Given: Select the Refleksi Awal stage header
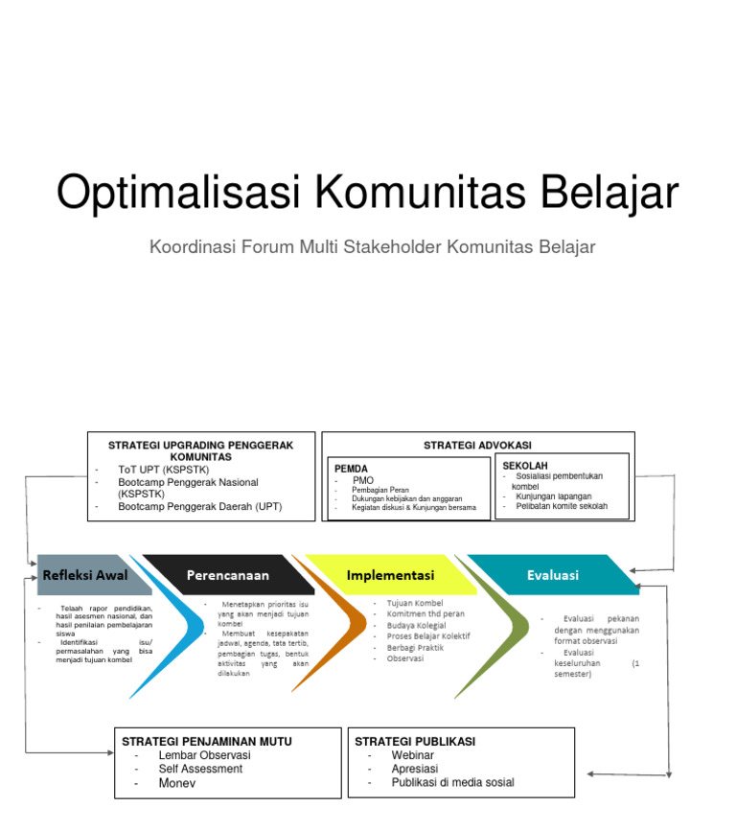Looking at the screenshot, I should (x=84, y=575).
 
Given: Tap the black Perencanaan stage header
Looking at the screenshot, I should (x=228, y=575).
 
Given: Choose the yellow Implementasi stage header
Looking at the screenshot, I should (x=390, y=575).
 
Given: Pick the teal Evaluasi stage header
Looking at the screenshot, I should (x=553, y=575).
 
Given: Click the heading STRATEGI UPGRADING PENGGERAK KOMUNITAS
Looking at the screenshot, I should (x=200, y=450).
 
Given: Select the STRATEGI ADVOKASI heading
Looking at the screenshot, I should (x=477, y=445).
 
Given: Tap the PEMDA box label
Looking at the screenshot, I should (x=351, y=469).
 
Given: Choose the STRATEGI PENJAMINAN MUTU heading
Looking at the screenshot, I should (x=207, y=741).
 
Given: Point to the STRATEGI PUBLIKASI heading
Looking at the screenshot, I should (x=415, y=741).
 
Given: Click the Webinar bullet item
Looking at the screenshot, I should (x=412, y=755).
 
